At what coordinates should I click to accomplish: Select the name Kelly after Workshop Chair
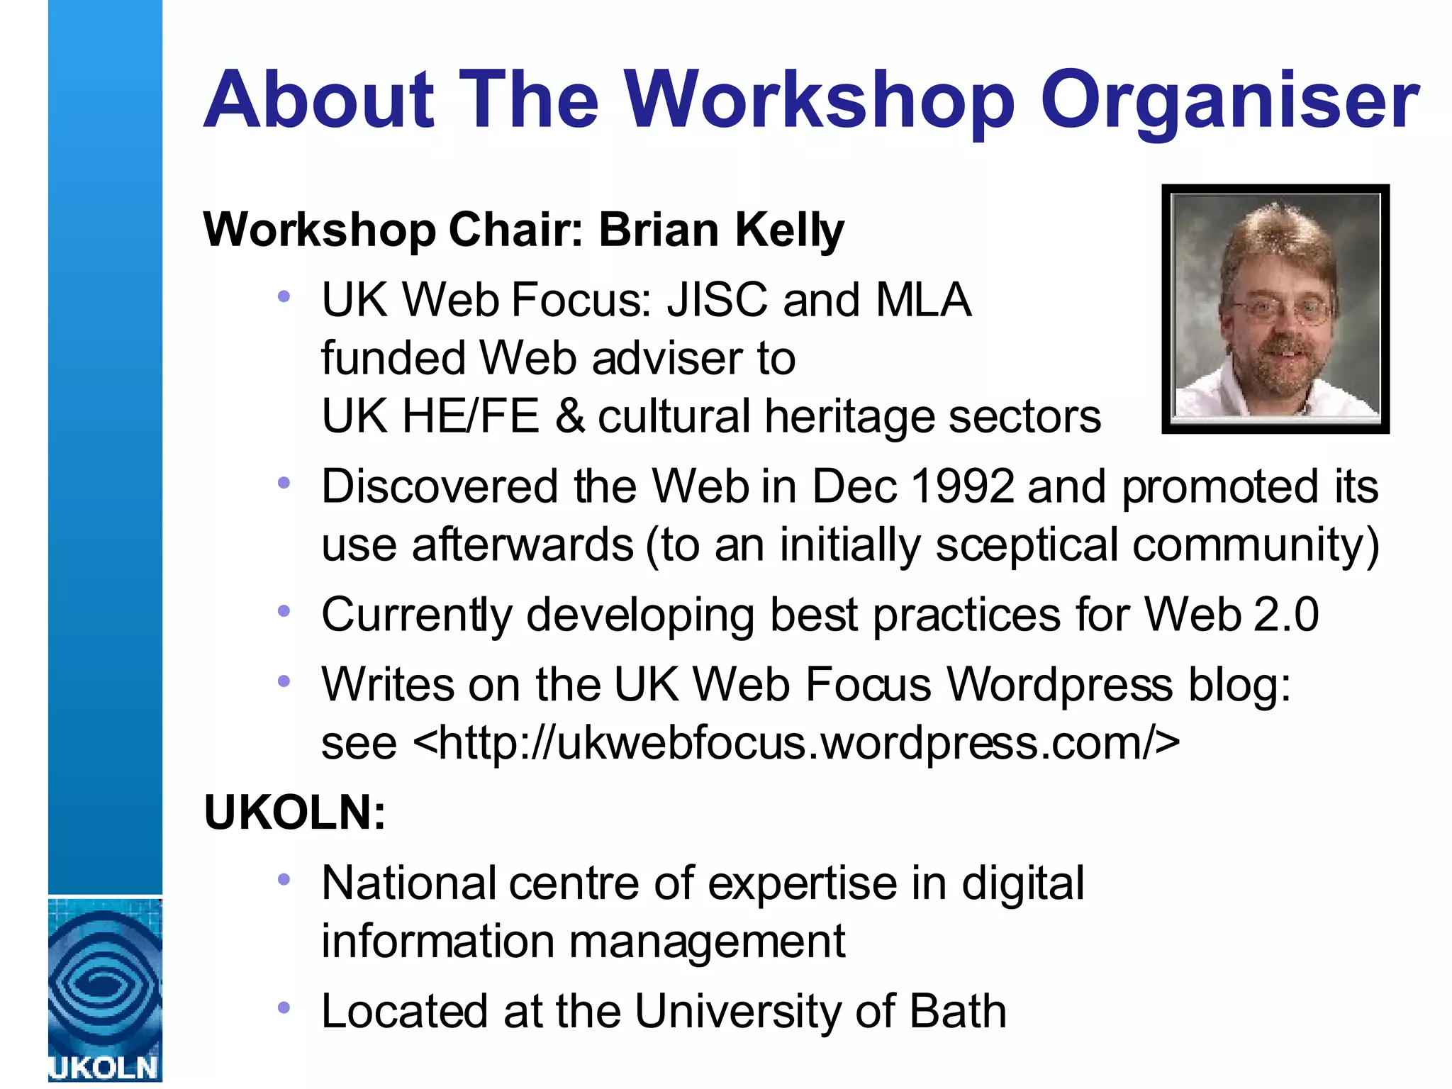coord(789,230)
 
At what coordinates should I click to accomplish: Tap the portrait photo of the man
coord(1275,308)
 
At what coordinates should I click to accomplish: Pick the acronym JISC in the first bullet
coord(717,300)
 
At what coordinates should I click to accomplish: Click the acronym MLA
coord(923,300)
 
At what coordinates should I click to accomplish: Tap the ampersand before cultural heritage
coord(569,416)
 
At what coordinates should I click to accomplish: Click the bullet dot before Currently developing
coord(284,610)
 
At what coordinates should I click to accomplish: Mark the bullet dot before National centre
coord(284,880)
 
